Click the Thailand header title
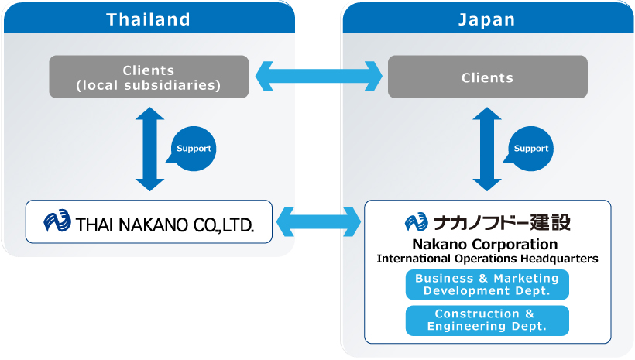(x=148, y=19)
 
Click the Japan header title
(x=486, y=19)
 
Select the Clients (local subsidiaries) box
(x=149, y=77)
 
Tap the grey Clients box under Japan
(x=488, y=77)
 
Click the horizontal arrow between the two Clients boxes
(x=319, y=76)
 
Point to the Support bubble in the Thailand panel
(x=192, y=149)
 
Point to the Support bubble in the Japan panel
(x=530, y=149)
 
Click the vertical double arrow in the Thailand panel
(x=149, y=149)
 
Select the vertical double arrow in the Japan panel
(x=487, y=149)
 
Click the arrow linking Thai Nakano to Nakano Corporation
(x=319, y=222)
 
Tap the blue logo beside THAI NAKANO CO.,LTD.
(x=57, y=221)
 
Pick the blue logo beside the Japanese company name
(x=416, y=222)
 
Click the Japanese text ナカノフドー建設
(x=502, y=222)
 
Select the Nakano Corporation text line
(x=485, y=245)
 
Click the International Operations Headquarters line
(x=487, y=259)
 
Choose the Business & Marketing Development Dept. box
(x=487, y=285)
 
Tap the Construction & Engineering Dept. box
(x=487, y=321)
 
